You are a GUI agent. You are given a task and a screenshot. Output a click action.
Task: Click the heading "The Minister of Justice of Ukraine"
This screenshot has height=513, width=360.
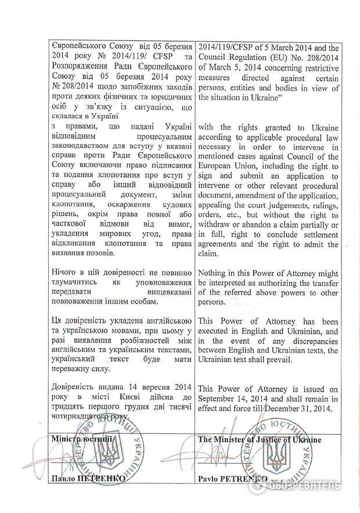259,439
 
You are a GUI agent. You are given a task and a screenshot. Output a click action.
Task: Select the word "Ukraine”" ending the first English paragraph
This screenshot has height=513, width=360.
265,99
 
